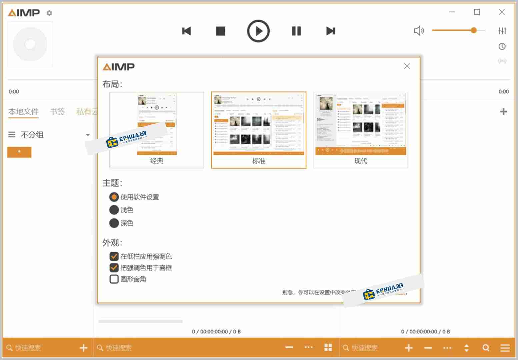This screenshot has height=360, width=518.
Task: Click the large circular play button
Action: (x=258, y=31)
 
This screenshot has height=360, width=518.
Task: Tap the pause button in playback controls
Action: (x=296, y=31)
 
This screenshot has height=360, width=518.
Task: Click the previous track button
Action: (x=186, y=31)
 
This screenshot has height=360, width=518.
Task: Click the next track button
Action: (x=330, y=31)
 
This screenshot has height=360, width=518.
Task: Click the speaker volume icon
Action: (x=419, y=31)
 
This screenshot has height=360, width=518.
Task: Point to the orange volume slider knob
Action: (x=474, y=30)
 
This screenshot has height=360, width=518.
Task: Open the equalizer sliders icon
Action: (x=502, y=31)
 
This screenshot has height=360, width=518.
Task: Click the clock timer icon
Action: (x=502, y=46)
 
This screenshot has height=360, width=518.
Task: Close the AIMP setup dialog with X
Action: (x=407, y=66)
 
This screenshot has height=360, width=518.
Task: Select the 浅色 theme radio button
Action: (x=114, y=210)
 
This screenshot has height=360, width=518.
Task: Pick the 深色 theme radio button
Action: (x=114, y=223)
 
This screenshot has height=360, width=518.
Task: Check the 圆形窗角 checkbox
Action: (x=114, y=279)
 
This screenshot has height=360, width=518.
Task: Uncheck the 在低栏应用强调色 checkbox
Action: (x=114, y=256)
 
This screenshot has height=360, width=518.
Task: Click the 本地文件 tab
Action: (x=23, y=112)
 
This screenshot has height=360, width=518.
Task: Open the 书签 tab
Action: (x=57, y=112)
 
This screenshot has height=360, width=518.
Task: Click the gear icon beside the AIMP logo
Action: (x=49, y=13)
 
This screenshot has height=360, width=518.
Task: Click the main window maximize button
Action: (x=477, y=12)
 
